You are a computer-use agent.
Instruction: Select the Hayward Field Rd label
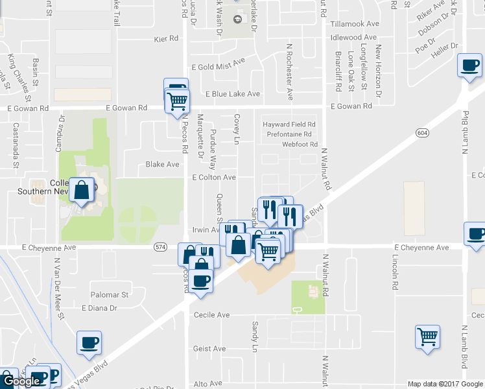289,124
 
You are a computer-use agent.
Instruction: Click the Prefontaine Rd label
289,134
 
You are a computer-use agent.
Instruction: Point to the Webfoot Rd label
300,144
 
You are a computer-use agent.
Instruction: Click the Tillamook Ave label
353,23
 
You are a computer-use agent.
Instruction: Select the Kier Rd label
166,39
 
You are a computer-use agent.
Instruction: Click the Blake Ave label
162,165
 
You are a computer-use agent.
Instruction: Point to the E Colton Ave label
214,177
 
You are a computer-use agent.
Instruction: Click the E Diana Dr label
99,308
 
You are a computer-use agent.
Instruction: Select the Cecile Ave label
212,315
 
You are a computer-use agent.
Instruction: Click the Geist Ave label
209,349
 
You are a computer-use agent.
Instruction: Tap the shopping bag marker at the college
82,191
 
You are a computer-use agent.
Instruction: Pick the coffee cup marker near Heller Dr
469,65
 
